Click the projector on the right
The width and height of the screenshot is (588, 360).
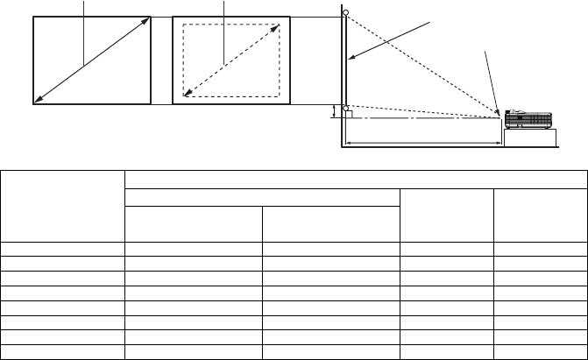529,120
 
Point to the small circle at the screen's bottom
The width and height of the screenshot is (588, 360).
347,105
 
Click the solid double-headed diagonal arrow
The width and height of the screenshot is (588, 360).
91,60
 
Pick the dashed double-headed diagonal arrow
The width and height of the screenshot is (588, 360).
231,60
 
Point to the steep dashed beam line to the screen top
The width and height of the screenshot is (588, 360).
421,62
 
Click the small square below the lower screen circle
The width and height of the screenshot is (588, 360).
347,113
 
